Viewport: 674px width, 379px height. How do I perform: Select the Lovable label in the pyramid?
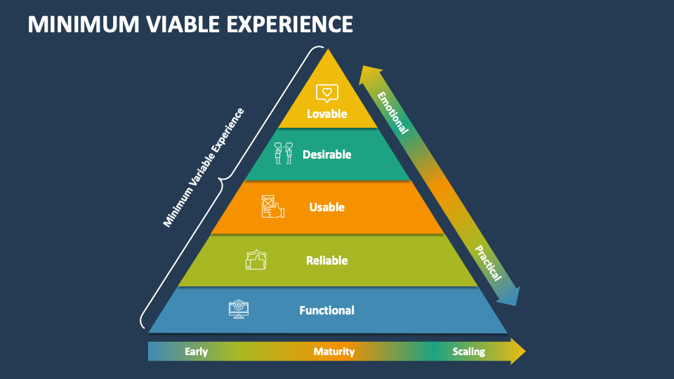[x=327, y=113]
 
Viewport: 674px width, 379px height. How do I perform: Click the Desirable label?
[x=326, y=154]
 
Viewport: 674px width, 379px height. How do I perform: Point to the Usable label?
[x=327, y=207]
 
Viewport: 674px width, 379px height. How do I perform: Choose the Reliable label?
[x=327, y=260]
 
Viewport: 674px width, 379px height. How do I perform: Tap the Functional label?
[x=326, y=310]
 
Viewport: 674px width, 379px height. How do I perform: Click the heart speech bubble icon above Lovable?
[x=327, y=92]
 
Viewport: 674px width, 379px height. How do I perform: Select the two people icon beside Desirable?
[x=283, y=153]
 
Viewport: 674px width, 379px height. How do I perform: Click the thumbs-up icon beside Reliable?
[x=256, y=260]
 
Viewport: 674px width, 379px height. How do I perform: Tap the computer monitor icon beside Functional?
[x=239, y=309]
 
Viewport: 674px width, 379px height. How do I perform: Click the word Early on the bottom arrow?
[x=197, y=352]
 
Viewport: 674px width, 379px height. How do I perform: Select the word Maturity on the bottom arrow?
[x=334, y=352]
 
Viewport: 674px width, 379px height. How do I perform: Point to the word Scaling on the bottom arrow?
[x=468, y=352]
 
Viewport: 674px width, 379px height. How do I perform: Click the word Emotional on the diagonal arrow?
[x=392, y=112]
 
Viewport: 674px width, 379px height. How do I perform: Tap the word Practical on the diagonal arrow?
[x=488, y=263]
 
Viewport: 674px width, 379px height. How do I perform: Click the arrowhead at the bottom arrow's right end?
[x=517, y=351]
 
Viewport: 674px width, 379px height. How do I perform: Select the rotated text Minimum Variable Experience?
[x=203, y=167]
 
